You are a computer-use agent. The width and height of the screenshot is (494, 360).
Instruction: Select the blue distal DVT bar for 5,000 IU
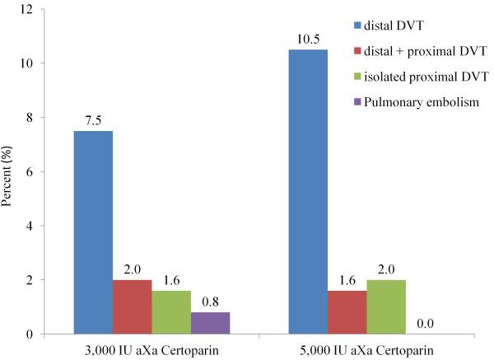point(308,192)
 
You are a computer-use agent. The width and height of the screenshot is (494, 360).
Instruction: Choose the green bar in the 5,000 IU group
point(385,306)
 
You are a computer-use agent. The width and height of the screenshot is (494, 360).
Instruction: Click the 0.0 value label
point(425,324)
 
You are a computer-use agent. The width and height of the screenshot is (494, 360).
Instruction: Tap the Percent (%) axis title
point(7,171)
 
